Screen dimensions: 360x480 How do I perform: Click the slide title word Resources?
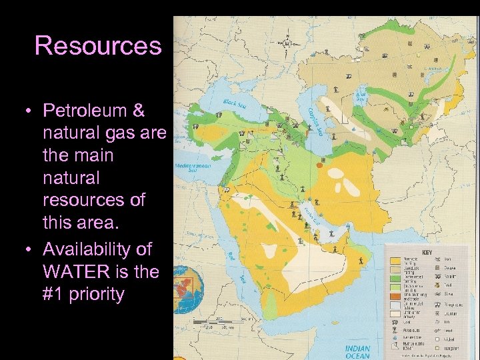98,45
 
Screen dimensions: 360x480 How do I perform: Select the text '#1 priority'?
84,294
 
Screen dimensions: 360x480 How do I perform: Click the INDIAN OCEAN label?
357,351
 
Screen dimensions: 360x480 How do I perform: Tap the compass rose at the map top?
287,42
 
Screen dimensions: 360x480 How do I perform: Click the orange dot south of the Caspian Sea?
320,165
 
